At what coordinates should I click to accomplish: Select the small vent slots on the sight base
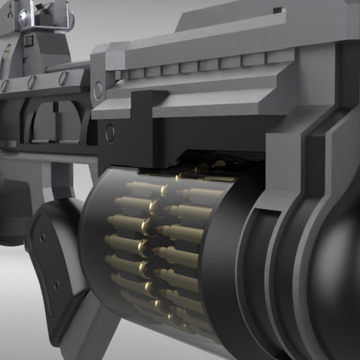(x=28, y=40)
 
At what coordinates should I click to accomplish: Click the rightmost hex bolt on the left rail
(x=63, y=77)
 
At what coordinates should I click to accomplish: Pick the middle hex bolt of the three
(x=31, y=81)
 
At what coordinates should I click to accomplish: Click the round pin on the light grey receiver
(x=98, y=90)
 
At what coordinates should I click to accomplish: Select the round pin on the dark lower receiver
(x=110, y=133)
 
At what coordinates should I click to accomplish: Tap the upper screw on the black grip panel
(x=42, y=237)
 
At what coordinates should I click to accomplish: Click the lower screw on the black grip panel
(x=56, y=285)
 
